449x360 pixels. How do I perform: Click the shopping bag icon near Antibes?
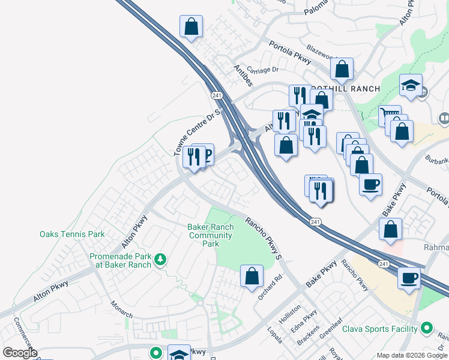coord(191,26)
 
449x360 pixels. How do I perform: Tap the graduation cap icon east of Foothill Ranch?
coord(411,86)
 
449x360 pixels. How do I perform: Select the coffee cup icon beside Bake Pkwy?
coord(370,184)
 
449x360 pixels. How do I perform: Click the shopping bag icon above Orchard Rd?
coord(252,276)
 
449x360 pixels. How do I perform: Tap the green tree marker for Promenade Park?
coord(160,259)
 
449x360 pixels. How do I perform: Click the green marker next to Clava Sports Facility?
coord(426,328)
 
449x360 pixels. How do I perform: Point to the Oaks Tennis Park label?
coord(72,235)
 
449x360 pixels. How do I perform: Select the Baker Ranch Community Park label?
coord(210,236)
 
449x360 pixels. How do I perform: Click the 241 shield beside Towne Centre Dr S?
coord(217,95)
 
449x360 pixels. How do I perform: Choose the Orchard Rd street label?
coord(270,288)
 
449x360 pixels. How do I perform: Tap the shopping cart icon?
coord(390,115)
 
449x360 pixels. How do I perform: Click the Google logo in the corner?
coord(19,353)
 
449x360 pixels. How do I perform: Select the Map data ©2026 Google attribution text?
coord(412,355)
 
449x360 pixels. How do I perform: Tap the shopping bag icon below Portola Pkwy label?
coord(342,69)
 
